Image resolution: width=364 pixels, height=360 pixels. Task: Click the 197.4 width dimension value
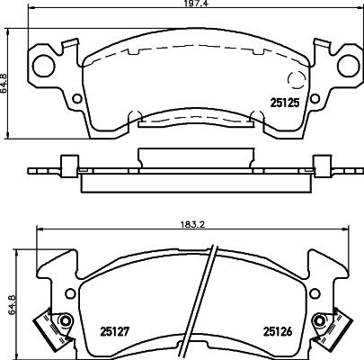tap(191, 4)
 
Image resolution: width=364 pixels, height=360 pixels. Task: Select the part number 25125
tap(285, 103)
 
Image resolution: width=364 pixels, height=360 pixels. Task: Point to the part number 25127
tap(114, 331)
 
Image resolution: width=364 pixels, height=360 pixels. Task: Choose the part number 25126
tap(278, 331)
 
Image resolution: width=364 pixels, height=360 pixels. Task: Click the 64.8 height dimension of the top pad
tap(4, 84)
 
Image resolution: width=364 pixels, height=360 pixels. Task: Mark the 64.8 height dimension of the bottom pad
tap(12, 304)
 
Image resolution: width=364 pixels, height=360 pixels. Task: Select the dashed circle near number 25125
tap(296, 80)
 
